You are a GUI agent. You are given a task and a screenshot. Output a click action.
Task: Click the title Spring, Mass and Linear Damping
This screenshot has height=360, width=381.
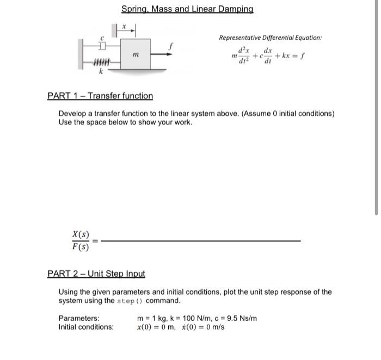pos(187,9)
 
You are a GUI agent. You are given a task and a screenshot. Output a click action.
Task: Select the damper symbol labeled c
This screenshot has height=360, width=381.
pos(101,44)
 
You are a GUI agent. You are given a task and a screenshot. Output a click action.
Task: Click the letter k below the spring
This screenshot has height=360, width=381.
pos(100,72)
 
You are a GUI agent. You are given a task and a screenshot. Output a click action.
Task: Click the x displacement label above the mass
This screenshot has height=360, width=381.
pos(124,26)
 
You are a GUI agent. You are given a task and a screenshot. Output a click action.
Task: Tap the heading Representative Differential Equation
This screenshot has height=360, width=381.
pos(270,38)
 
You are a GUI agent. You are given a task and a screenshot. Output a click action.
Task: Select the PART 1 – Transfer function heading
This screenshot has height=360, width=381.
pos(100,96)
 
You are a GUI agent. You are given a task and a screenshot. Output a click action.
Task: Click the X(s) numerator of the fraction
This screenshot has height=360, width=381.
pos(81,234)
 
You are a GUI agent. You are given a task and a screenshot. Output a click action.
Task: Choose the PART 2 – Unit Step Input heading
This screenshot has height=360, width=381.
pos(96,274)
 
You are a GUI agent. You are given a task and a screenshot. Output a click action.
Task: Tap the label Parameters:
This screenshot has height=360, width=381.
pos(79,318)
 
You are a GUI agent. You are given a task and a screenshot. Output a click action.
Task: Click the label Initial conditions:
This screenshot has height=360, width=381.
pos(86,327)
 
